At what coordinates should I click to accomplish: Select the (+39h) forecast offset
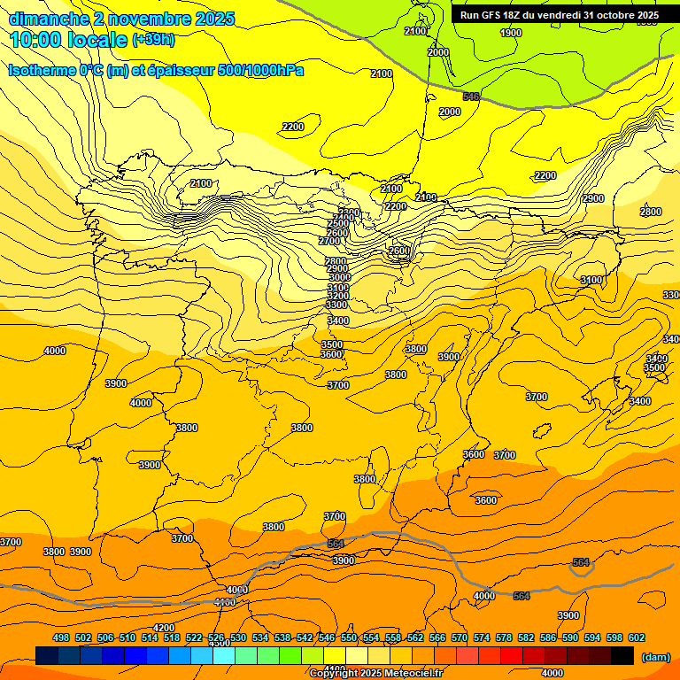153,40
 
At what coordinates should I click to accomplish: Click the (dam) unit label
655,657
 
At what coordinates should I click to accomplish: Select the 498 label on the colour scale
61,637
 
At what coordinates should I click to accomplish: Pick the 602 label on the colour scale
637,637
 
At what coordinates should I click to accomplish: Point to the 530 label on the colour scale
238,637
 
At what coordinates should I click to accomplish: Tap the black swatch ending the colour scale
622,655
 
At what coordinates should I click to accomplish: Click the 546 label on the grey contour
471,97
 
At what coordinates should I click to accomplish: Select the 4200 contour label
164,628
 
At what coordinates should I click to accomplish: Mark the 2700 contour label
329,241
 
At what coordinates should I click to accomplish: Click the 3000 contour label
340,277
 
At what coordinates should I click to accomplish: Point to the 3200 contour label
337,296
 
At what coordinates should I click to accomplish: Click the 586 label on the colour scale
548,637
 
